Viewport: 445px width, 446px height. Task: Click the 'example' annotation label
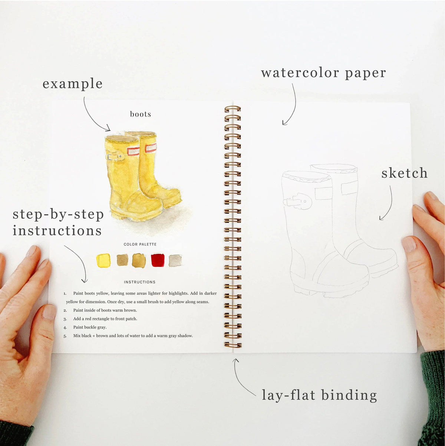pos(72,84)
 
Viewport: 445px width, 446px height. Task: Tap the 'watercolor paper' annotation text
pos(323,73)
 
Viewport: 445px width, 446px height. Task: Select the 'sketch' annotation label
pos(404,173)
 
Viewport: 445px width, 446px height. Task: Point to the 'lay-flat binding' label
pos(319,395)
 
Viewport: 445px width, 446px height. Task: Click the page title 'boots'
pos(141,114)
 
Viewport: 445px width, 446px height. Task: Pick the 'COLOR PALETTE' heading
pos(140,245)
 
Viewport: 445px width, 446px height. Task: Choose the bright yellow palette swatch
pos(103,260)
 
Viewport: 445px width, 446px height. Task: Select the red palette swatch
pos(158,260)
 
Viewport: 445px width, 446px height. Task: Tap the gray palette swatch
pos(175,260)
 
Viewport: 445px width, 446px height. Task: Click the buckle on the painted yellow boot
pos(115,157)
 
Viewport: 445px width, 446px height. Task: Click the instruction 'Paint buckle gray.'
pos(90,327)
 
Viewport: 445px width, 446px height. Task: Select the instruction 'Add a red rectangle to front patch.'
pos(105,319)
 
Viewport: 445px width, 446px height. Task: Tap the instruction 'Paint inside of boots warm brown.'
pos(105,310)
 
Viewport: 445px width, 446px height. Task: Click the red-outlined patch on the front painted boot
pos(133,151)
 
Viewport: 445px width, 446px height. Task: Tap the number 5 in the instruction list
pos(65,336)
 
